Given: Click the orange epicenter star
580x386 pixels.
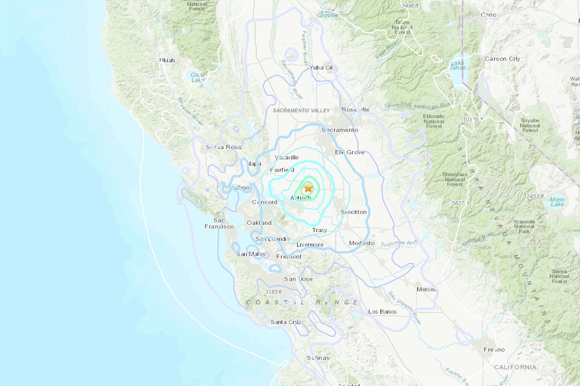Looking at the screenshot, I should (x=308, y=188).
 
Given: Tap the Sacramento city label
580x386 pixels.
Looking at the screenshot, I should (x=340, y=130).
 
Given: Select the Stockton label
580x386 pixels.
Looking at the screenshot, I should (x=354, y=212).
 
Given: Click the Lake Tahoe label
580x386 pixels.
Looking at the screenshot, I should (x=458, y=65).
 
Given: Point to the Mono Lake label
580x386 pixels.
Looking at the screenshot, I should (x=557, y=202).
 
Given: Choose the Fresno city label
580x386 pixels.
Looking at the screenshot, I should (x=494, y=350).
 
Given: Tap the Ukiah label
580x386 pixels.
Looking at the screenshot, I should (x=167, y=60).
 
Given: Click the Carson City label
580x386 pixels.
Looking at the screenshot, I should (x=502, y=59).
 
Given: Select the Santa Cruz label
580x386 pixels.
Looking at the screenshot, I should (x=286, y=322).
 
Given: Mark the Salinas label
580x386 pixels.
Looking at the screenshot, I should (x=318, y=358).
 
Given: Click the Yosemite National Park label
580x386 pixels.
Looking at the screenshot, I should (x=524, y=226).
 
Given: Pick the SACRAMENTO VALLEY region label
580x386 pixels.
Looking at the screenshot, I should (x=301, y=111).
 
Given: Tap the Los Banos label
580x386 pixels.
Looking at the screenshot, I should (x=382, y=312).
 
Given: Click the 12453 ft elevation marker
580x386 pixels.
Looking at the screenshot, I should (x=533, y=196).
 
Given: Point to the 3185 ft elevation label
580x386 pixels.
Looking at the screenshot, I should (x=273, y=292).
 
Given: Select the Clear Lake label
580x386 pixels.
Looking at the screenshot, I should (x=198, y=78).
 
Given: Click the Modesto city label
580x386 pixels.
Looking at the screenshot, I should (x=362, y=243).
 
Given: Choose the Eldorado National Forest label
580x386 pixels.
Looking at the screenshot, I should (x=433, y=121).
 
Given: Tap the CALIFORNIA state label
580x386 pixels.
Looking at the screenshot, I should (x=515, y=367).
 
